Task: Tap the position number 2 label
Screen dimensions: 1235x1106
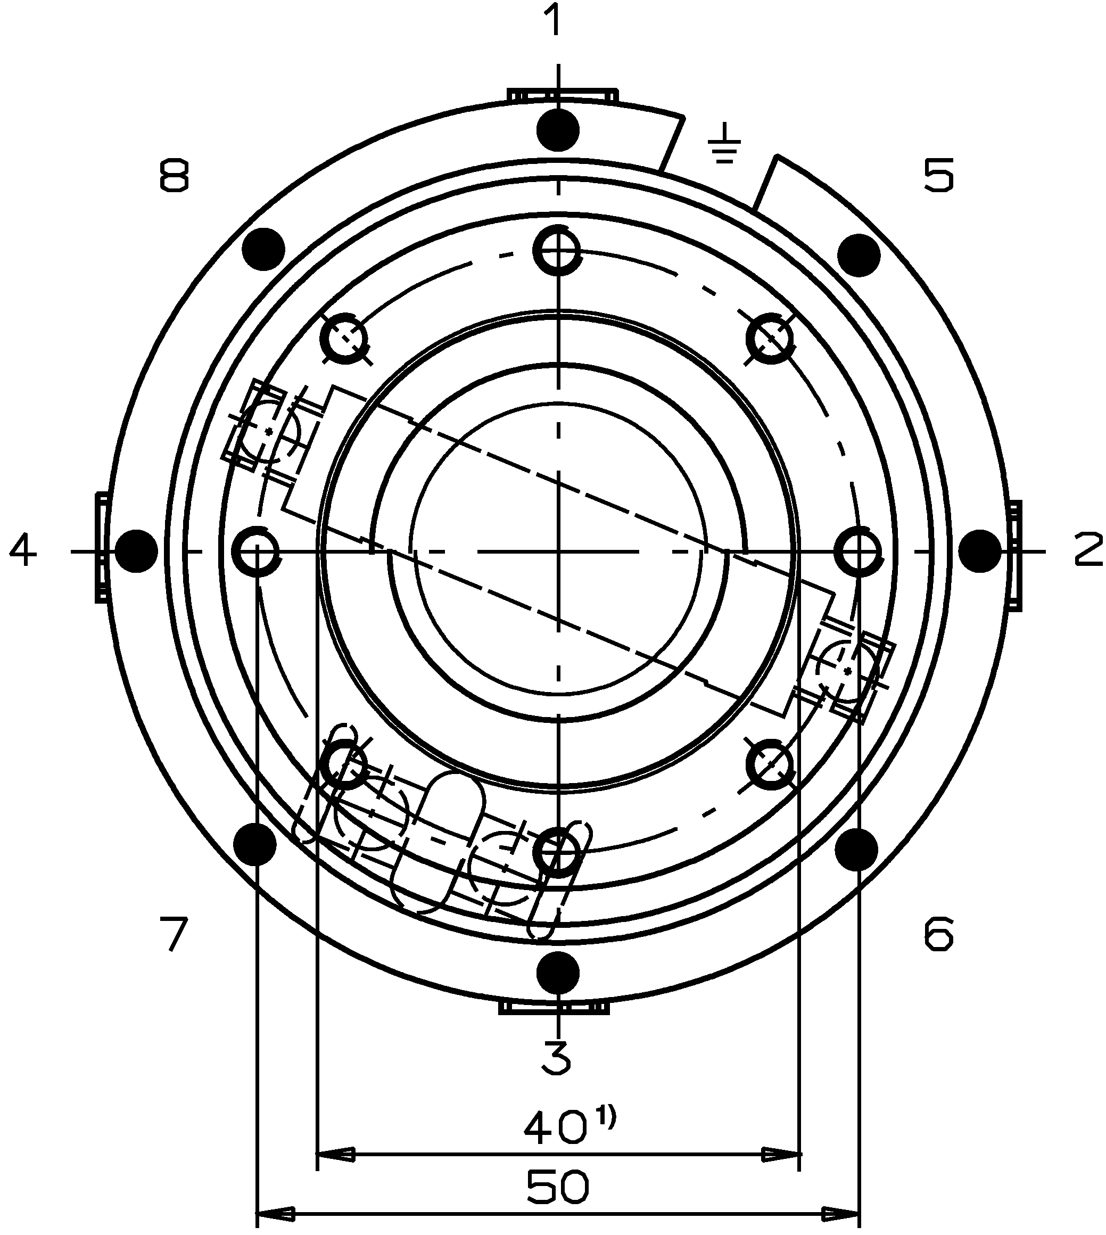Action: tap(1090, 549)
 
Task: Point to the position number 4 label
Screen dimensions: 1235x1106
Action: tap(22, 550)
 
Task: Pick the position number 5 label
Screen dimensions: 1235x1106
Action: tap(938, 176)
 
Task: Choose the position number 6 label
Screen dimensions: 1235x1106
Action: tap(938, 934)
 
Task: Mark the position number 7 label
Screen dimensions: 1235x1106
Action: tap(174, 934)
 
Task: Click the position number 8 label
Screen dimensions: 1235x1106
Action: tap(174, 176)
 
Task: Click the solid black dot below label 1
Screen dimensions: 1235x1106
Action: tap(558, 130)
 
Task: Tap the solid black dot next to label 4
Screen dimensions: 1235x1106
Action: tap(136, 550)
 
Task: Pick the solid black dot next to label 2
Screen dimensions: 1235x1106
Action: tap(980, 550)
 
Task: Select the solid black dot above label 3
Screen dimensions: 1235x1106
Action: tap(558, 973)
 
